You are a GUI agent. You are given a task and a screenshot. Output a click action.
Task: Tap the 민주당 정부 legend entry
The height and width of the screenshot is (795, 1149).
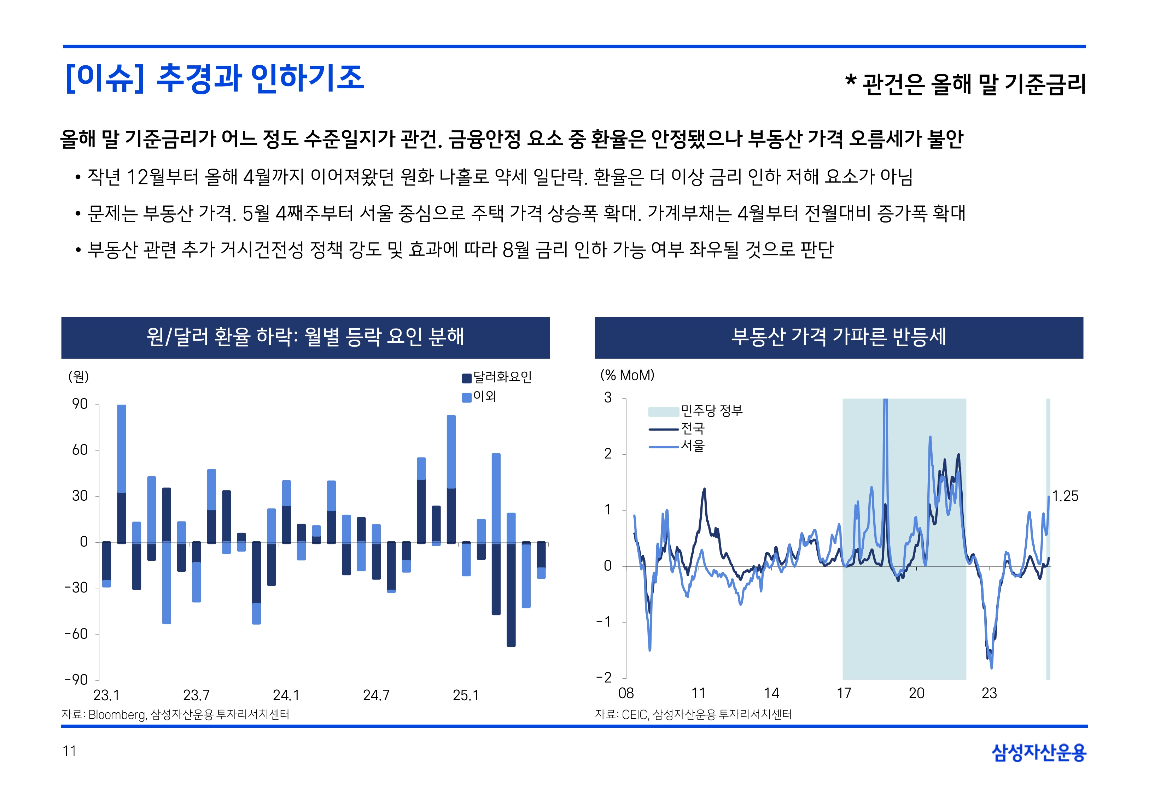coord(711,411)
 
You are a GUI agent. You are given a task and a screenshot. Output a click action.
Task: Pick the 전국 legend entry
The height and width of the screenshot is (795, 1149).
coord(693,428)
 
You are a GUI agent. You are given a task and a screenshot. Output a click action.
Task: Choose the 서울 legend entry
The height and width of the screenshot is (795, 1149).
coord(693,445)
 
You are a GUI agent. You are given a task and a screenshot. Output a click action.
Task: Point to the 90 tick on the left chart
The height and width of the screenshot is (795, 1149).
coord(80,404)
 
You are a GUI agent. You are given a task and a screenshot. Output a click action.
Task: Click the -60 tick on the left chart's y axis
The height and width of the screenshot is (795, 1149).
coord(77,634)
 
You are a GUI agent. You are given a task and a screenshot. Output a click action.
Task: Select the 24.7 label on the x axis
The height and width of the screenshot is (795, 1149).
coord(376,695)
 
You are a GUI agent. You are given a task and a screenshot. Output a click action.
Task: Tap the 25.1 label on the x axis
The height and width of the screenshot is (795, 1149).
coord(465,695)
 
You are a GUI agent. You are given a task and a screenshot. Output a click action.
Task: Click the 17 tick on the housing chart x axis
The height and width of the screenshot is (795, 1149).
coord(844,693)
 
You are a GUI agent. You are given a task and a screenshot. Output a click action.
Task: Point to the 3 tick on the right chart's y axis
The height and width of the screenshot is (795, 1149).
coord(608,397)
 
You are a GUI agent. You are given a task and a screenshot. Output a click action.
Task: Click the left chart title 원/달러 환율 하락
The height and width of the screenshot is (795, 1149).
coord(305,337)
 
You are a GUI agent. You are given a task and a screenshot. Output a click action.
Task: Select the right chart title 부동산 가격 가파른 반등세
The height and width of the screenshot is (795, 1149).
coord(839,337)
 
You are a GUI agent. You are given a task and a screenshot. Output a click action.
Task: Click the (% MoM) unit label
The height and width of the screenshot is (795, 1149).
coord(627,375)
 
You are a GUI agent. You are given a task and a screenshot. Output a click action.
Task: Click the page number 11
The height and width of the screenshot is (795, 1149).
coord(69,751)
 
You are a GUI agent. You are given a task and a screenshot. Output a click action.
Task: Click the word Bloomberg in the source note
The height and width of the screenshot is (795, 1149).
coord(117,715)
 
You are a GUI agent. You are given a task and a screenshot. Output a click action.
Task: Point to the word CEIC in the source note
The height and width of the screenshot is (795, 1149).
coord(634,715)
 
